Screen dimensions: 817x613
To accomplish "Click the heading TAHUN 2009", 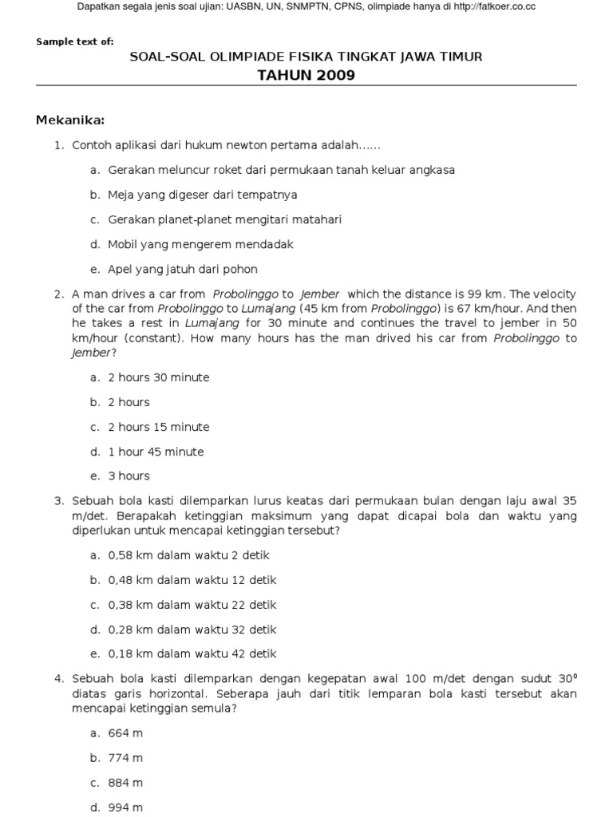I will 306,76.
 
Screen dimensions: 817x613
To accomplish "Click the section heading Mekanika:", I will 70,120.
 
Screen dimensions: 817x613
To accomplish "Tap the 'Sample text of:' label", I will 75,41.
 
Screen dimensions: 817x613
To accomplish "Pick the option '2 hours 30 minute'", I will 158,377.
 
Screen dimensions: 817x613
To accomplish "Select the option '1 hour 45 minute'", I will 156,452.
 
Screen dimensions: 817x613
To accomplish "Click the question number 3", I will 58,501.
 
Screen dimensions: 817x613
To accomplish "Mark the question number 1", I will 58,145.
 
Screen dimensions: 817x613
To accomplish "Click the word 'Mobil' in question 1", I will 122,244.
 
